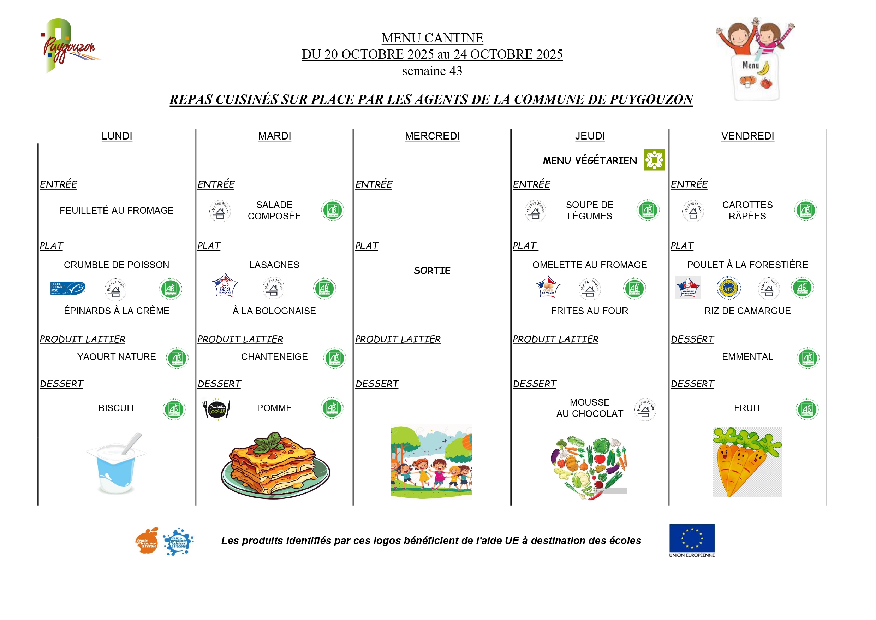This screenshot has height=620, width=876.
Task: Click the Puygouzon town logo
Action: pyautogui.click(x=69, y=46)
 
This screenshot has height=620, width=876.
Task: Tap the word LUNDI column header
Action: pyautogui.click(x=117, y=136)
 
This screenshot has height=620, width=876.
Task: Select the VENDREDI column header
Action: pyautogui.click(x=747, y=136)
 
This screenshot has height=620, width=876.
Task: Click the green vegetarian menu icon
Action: pyautogui.click(x=654, y=160)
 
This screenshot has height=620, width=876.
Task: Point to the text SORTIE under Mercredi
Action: pyautogui.click(x=432, y=271)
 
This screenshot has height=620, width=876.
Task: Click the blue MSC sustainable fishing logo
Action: pyautogui.click(x=67, y=288)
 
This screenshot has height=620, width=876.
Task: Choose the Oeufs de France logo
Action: pyautogui.click(x=548, y=287)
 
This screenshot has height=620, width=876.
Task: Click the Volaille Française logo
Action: pyautogui.click(x=688, y=287)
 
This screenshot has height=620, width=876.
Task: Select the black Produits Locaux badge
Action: pyautogui.click(x=216, y=409)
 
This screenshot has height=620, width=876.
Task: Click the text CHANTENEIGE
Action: pyautogui.click(x=274, y=357)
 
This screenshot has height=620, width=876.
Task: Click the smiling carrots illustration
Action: pyautogui.click(x=747, y=462)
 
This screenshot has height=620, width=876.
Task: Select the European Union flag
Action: pyautogui.click(x=692, y=538)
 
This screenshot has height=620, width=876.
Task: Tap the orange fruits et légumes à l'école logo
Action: pyautogui.click(x=147, y=541)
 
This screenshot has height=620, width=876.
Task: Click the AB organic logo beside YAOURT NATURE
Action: pyautogui.click(x=177, y=358)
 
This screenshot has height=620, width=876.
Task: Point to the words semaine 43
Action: pyautogui.click(x=432, y=71)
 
